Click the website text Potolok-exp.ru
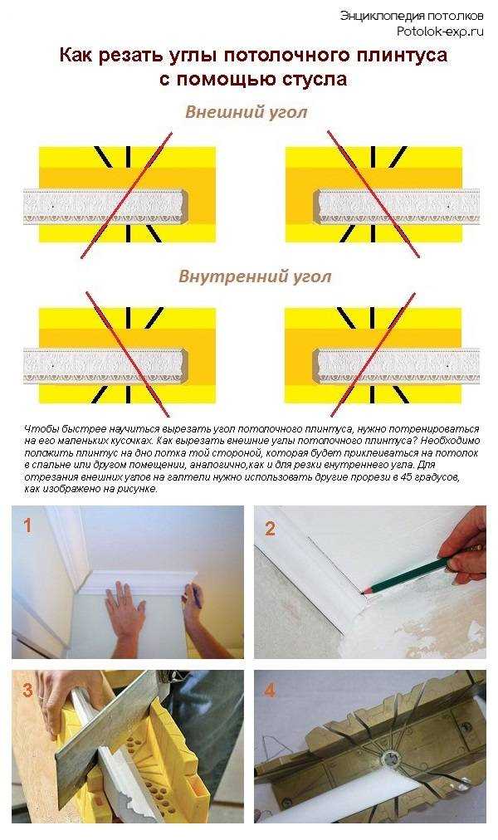[439, 31]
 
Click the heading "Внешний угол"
[246, 111]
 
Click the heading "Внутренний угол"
[255, 276]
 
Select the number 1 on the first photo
[27, 525]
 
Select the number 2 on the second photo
[270, 528]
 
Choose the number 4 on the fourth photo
[271, 688]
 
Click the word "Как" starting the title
[76, 56]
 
